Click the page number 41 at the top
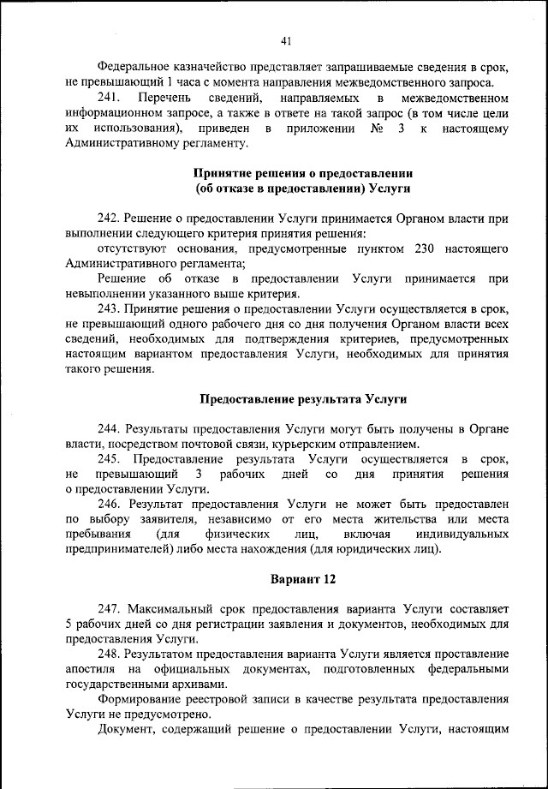286,40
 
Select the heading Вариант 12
304,579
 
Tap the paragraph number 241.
110,99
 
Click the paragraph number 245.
110,460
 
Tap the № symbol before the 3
376,129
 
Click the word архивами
200,684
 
